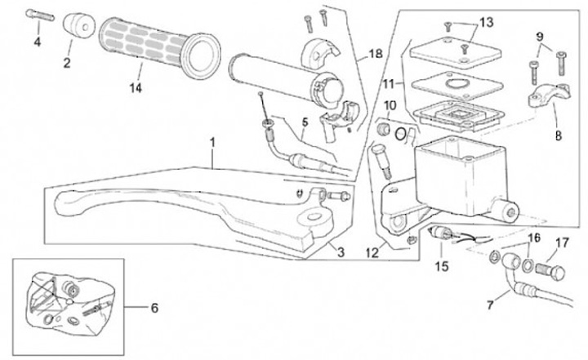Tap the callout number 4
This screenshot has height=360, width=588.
(x=37, y=41)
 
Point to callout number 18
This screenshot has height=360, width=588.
(x=375, y=54)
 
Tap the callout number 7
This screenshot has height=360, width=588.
(x=491, y=305)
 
